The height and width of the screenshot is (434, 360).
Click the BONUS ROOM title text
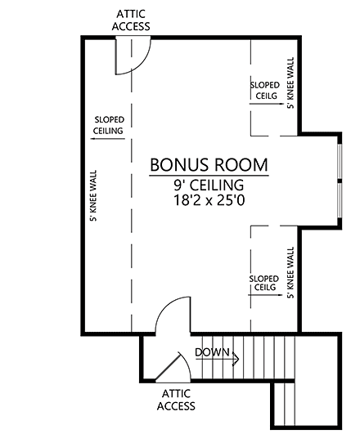click(x=209, y=164)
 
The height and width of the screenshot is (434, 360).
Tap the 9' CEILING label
click(x=209, y=185)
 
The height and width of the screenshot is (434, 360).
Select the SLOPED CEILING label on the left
click(x=109, y=124)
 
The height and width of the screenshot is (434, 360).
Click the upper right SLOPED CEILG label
click(x=264, y=90)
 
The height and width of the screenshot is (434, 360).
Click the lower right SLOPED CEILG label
click(x=264, y=283)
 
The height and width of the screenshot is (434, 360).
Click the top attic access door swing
click(x=133, y=56)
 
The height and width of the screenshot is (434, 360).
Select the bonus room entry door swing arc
click(x=169, y=315)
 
